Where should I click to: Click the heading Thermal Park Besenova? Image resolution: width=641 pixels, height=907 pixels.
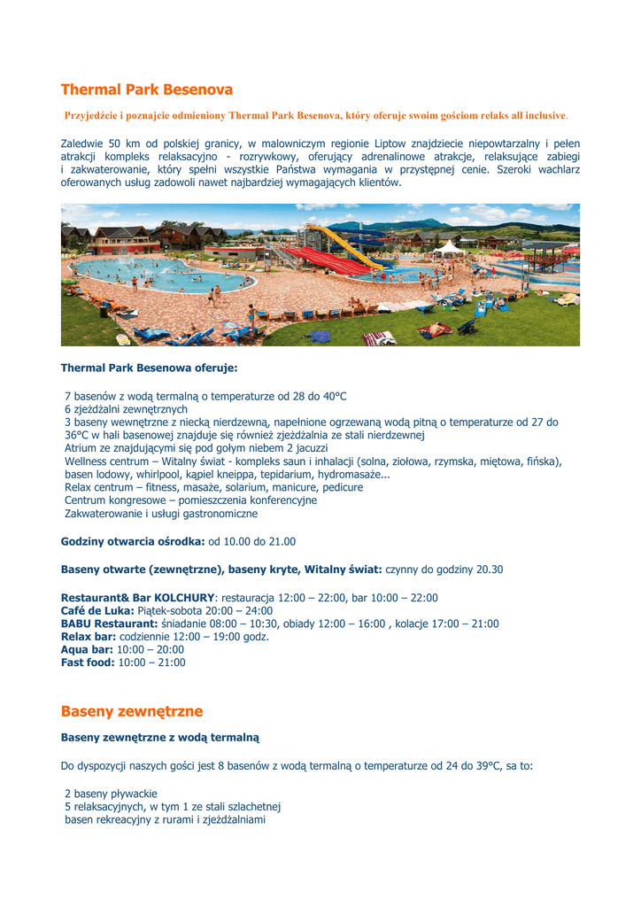click(x=147, y=89)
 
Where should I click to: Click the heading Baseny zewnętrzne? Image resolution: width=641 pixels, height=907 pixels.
click(x=132, y=711)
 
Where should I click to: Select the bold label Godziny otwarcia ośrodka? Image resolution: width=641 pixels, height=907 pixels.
click(x=133, y=541)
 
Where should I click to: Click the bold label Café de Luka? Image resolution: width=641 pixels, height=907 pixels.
click(x=97, y=611)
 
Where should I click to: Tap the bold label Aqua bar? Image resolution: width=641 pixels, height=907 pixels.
click(x=87, y=649)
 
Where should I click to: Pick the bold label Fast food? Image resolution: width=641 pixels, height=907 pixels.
click(x=88, y=663)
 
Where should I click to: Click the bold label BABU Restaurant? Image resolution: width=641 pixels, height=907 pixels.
click(x=109, y=624)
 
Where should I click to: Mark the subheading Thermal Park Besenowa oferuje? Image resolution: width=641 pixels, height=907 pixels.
click(x=149, y=367)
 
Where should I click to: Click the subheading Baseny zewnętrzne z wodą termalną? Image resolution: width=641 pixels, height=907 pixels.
click(x=159, y=737)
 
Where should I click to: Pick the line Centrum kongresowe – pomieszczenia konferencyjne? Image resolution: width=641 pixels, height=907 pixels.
click(x=190, y=500)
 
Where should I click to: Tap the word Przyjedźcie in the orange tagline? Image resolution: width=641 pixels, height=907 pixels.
click(x=92, y=116)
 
